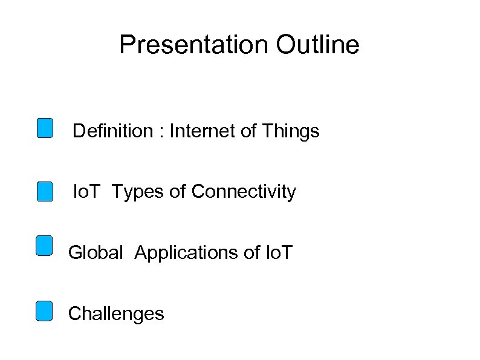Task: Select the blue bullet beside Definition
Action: [x=44, y=128]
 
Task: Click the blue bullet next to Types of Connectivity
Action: [x=44, y=191]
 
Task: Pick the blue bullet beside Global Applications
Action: [x=44, y=246]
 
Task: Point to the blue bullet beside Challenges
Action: [x=44, y=311]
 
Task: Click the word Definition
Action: [x=113, y=131]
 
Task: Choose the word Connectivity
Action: [x=244, y=192]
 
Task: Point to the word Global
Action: [x=96, y=252]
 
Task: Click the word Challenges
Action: [x=116, y=314]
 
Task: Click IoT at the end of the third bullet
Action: [x=279, y=252]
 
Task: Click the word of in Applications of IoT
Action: [x=253, y=252]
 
